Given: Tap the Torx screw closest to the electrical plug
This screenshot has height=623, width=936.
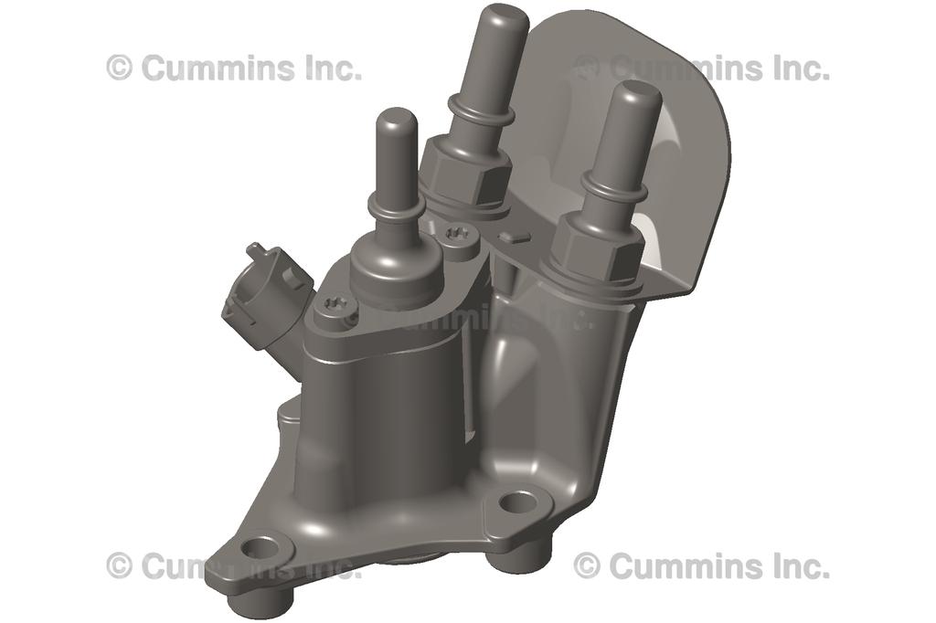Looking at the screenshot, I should pos(335,310).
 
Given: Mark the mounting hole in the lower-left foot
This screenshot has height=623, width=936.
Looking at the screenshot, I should pos(262,549).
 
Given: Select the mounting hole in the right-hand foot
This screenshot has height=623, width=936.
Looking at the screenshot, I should pos(519,502).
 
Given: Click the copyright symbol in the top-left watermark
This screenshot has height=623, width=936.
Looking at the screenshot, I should pos(119,67).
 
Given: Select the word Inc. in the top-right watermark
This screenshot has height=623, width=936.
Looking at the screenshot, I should pos(797,68).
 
